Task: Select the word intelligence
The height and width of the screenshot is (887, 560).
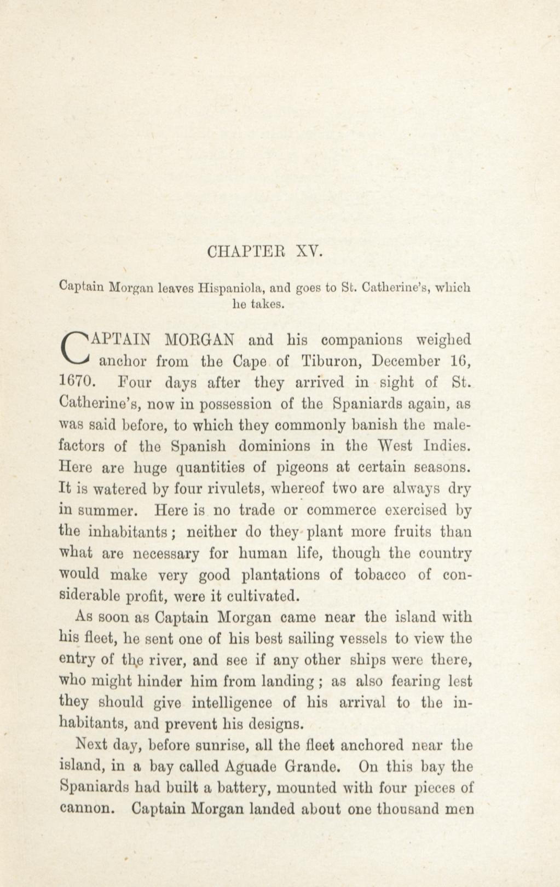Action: (x=232, y=703)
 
